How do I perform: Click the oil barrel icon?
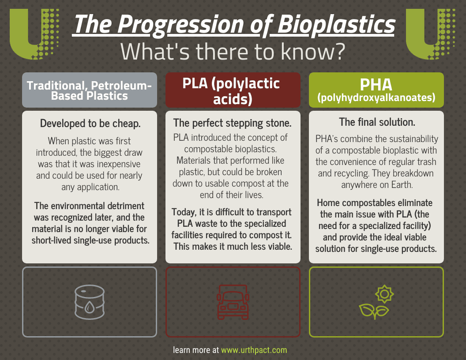click(89, 302)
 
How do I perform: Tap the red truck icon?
click(233, 302)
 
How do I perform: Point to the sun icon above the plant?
click(384, 294)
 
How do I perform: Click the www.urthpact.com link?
click(254, 350)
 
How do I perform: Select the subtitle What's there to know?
click(233, 52)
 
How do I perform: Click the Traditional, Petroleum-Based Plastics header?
click(89, 90)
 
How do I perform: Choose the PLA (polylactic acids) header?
click(233, 90)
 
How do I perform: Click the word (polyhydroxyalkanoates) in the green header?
click(376, 97)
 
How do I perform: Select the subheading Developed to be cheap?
click(90, 124)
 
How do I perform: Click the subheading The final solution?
click(376, 122)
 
